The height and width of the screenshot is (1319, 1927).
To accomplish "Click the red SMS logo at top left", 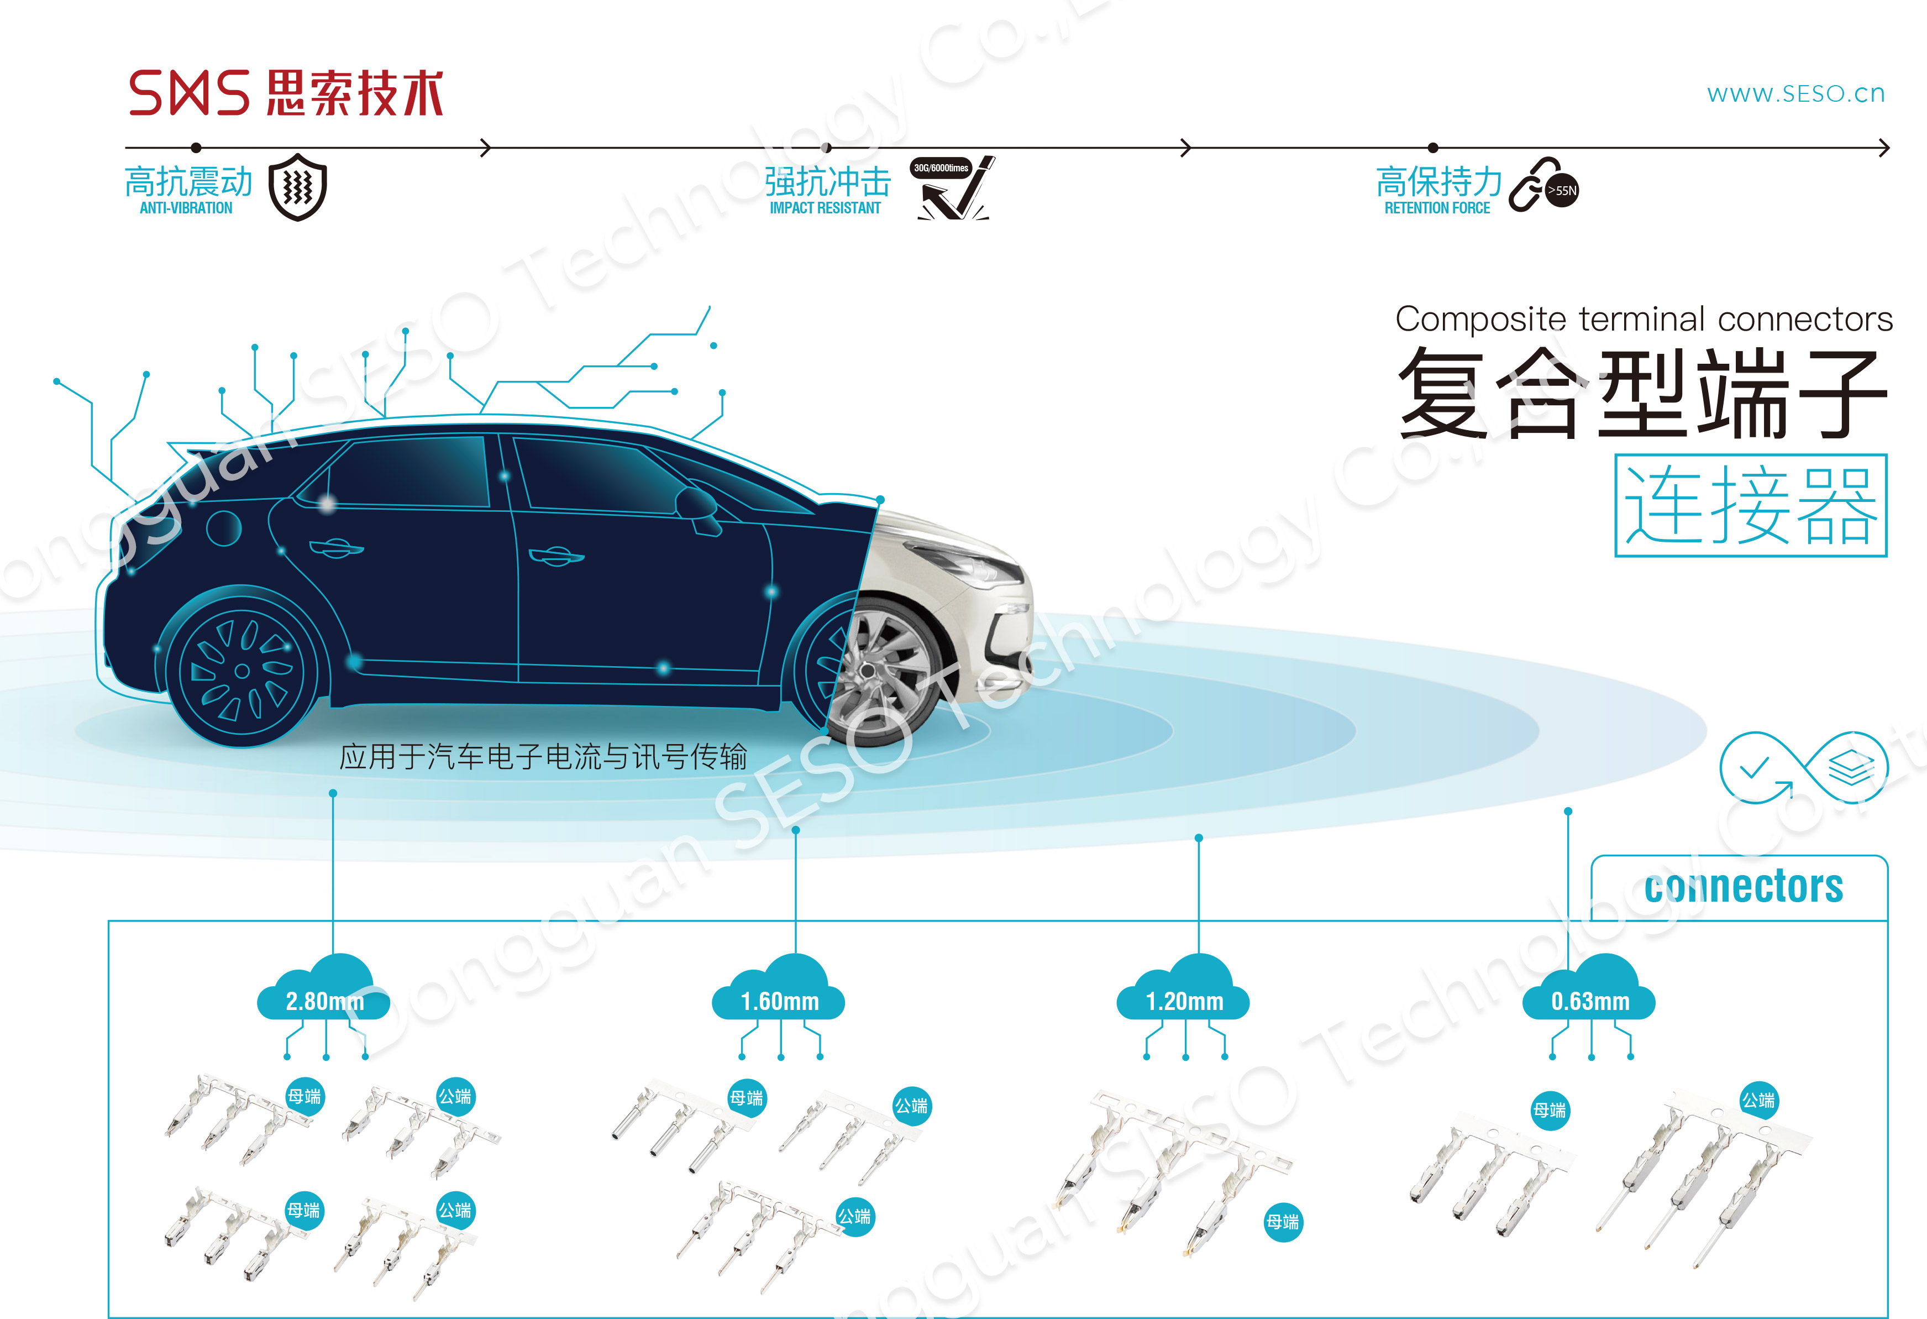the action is pos(189,92).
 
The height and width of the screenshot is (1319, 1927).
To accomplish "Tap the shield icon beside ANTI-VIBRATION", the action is pos(298,187).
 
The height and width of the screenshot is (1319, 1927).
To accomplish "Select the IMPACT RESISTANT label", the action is pos(825,208).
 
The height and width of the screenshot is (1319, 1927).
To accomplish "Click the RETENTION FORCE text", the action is pos(1437,208).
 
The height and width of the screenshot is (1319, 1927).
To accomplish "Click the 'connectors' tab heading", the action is pos(1744,887).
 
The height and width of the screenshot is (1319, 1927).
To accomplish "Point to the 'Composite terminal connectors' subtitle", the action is pos(1644,320).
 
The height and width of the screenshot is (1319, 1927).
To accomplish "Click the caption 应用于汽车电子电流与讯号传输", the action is pos(543,757).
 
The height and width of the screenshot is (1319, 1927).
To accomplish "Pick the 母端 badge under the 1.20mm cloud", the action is pos(1283,1222).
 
